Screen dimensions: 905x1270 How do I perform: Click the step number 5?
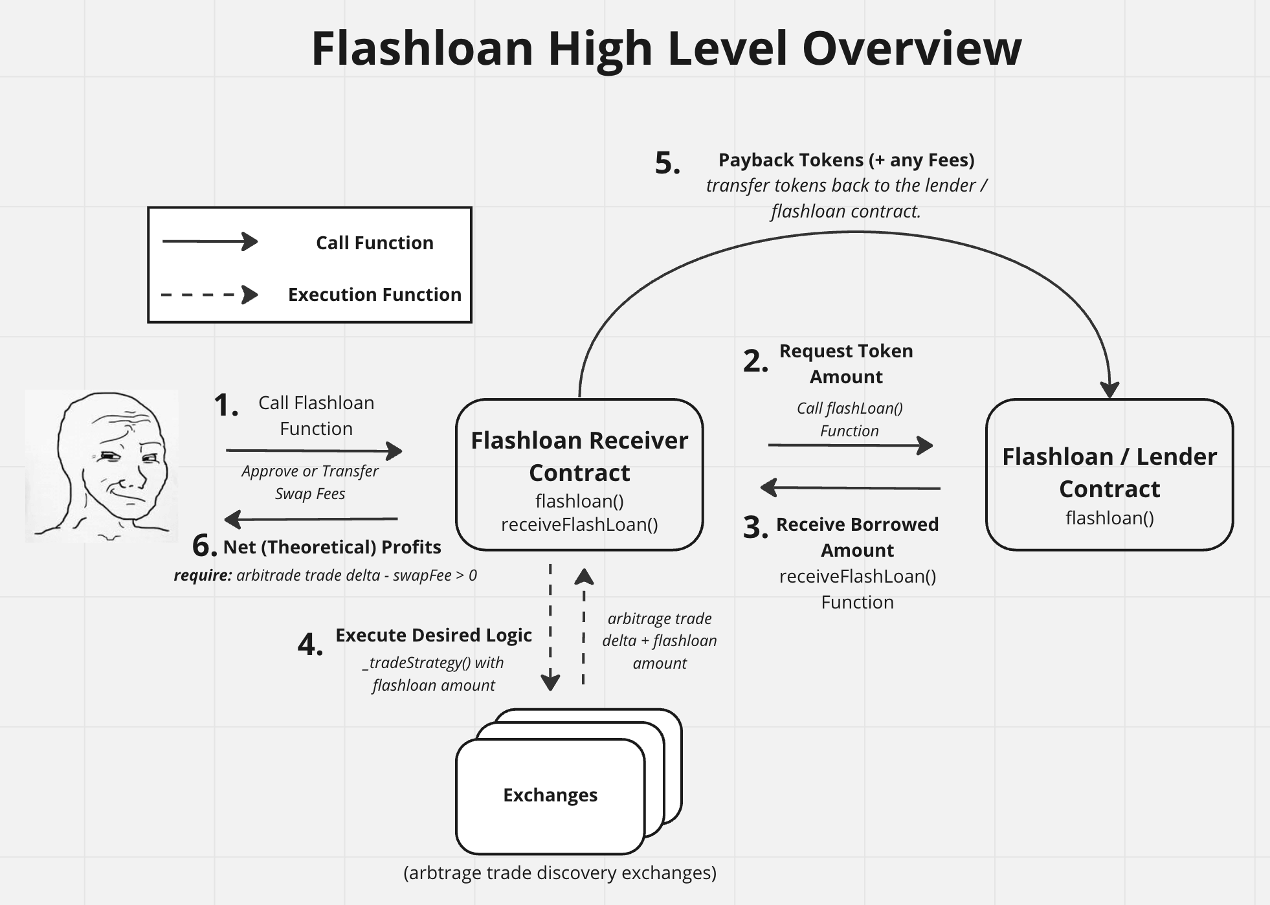click(667, 163)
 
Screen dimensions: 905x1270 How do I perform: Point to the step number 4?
click(310, 645)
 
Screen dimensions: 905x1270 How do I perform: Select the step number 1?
click(226, 406)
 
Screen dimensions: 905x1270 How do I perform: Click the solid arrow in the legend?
click(210, 241)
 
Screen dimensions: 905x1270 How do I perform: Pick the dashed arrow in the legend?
click(210, 295)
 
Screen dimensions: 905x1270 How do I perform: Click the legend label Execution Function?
click(374, 295)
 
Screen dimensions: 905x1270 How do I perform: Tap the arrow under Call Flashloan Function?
click(314, 451)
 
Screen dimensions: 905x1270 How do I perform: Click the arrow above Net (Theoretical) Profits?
click(311, 519)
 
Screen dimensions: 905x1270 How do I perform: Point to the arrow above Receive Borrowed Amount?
click(850, 487)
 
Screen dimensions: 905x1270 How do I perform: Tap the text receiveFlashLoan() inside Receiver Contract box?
click(579, 524)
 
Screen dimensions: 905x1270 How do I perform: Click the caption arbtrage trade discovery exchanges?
click(560, 873)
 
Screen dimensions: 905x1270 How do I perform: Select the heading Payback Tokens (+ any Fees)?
click(846, 160)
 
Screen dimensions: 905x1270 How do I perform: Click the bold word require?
click(203, 575)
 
